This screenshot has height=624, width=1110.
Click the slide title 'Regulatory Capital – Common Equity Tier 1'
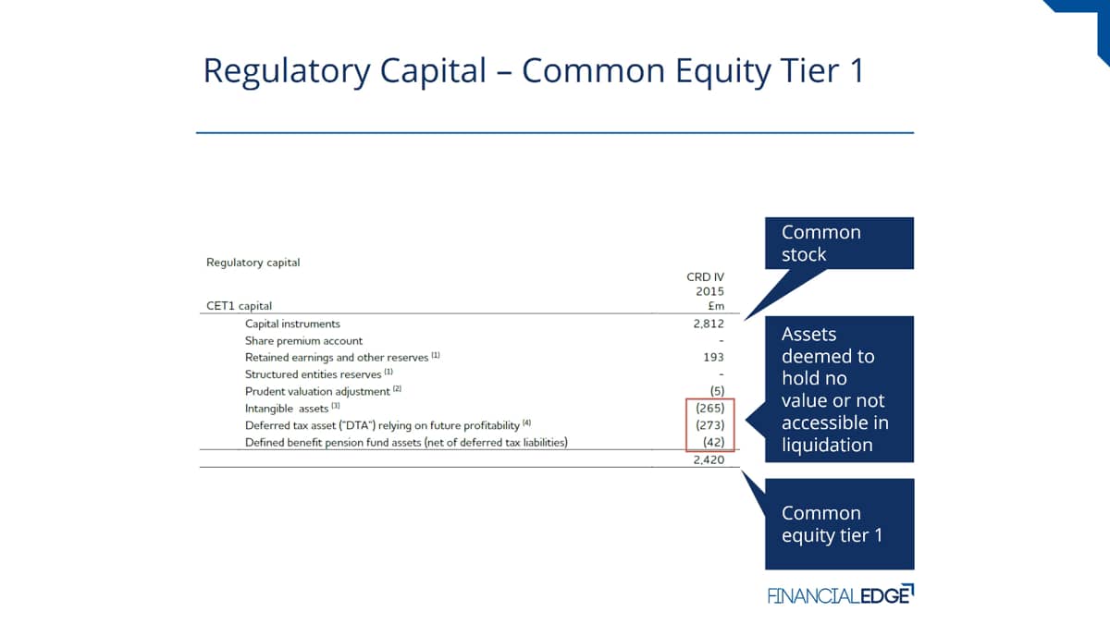(535, 71)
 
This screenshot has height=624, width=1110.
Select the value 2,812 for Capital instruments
(709, 324)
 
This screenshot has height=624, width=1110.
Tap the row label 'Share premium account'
(303, 341)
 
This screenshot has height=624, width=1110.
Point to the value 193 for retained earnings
(713, 357)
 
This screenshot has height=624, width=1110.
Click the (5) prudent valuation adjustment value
(717, 391)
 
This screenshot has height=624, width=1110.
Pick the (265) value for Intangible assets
(710, 408)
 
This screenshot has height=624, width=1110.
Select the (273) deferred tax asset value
(710, 425)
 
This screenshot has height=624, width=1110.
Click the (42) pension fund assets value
(713, 442)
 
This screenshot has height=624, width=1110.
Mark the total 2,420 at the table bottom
(709, 459)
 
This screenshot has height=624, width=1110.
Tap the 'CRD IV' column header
(705, 276)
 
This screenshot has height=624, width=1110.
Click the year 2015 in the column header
(709, 291)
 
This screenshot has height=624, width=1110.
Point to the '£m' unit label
(716, 306)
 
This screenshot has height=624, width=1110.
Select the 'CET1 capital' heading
(239, 306)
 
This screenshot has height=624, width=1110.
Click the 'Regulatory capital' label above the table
(253, 263)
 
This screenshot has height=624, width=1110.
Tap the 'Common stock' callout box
(840, 243)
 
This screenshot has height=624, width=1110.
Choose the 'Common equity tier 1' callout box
(840, 524)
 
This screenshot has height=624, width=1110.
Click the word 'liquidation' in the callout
(827, 445)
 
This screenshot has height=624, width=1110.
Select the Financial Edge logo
(841, 594)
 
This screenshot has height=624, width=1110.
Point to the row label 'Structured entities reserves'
(313, 374)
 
